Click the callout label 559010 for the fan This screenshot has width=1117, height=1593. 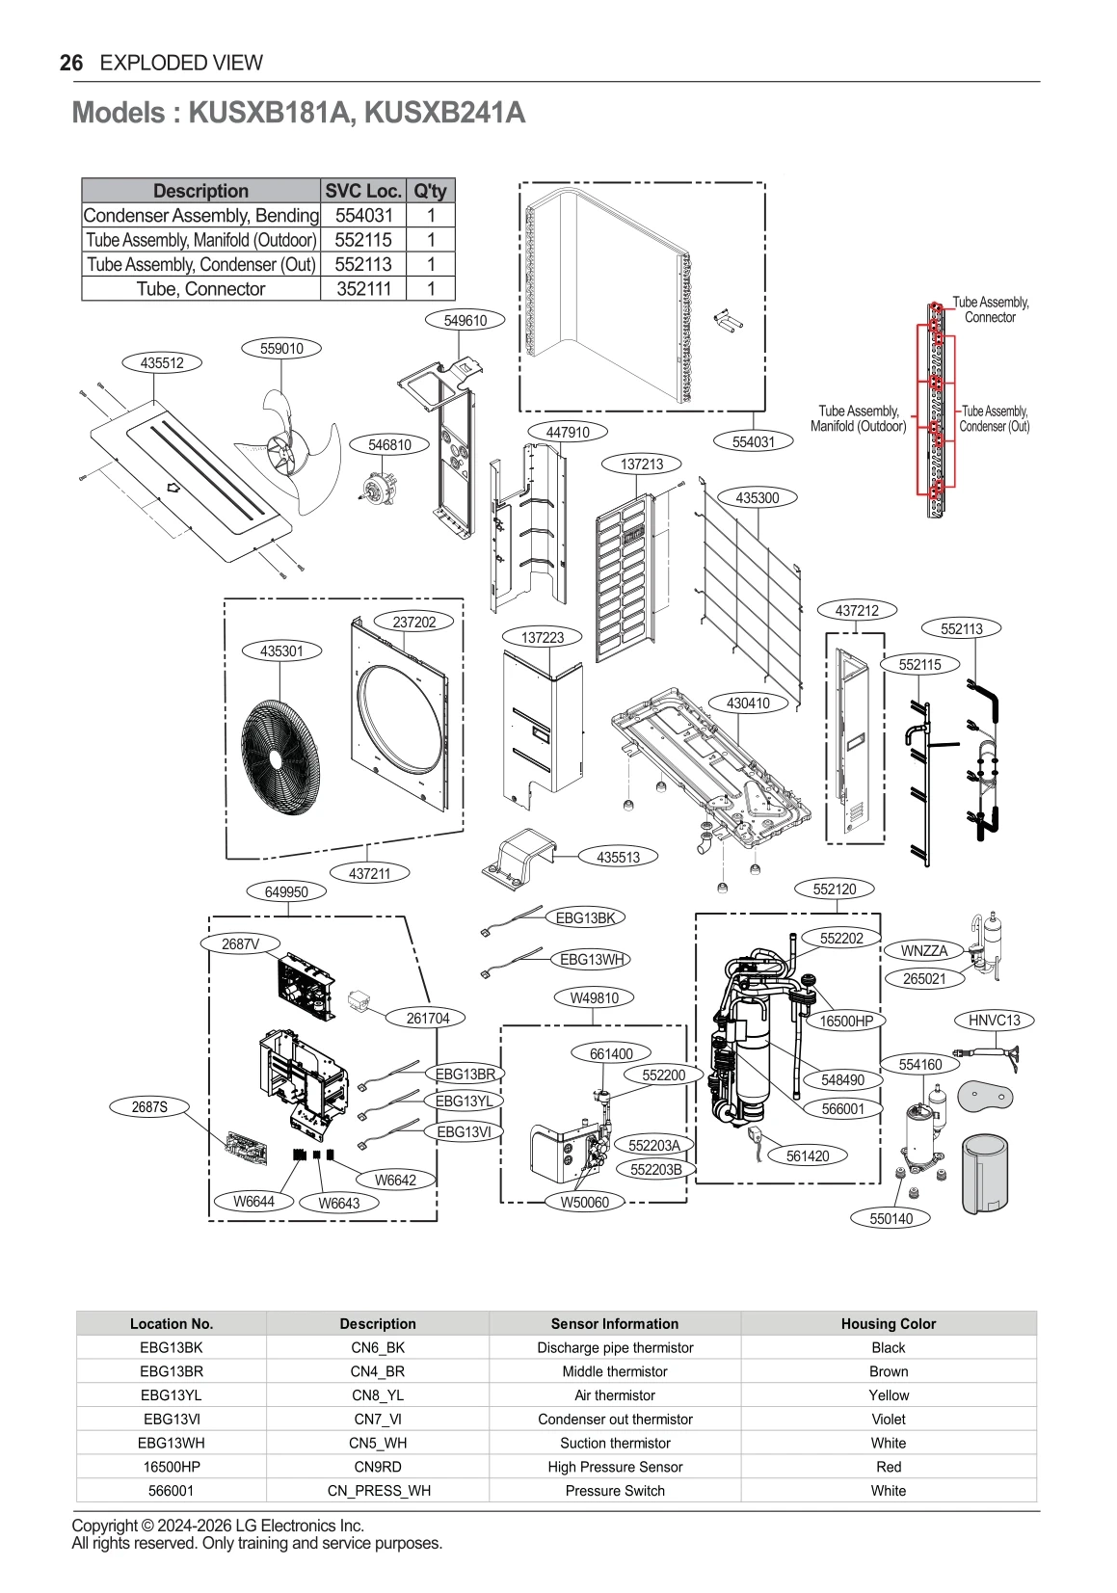(281, 349)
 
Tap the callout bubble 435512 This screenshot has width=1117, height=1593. (162, 363)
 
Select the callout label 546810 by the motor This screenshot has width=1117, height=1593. (389, 444)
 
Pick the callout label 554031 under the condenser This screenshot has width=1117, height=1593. (754, 441)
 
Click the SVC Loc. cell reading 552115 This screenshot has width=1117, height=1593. (363, 240)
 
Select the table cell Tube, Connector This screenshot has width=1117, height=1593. (200, 289)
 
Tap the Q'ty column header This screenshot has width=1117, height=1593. (430, 191)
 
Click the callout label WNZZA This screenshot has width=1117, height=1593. (924, 950)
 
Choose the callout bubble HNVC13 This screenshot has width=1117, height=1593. (994, 1020)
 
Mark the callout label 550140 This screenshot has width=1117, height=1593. (891, 1218)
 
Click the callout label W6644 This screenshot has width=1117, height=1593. (253, 1201)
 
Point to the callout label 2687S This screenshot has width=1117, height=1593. (149, 1107)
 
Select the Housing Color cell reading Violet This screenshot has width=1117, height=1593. (888, 1419)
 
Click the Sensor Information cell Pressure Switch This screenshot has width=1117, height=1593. (615, 1490)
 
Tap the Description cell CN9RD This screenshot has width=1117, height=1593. (377, 1466)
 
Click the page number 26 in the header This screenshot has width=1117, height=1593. (70, 64)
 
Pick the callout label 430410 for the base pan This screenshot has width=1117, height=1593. (748, 704)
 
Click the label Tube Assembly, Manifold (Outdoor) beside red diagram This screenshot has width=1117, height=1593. (859, 418)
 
